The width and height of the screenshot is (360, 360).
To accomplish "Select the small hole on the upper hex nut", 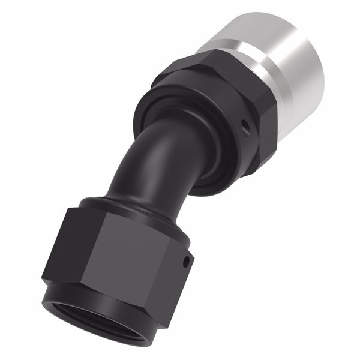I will (244, 126).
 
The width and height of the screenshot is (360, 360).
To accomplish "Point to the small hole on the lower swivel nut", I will (187, 261).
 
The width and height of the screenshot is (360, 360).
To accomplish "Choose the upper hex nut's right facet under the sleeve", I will (267, 132).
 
